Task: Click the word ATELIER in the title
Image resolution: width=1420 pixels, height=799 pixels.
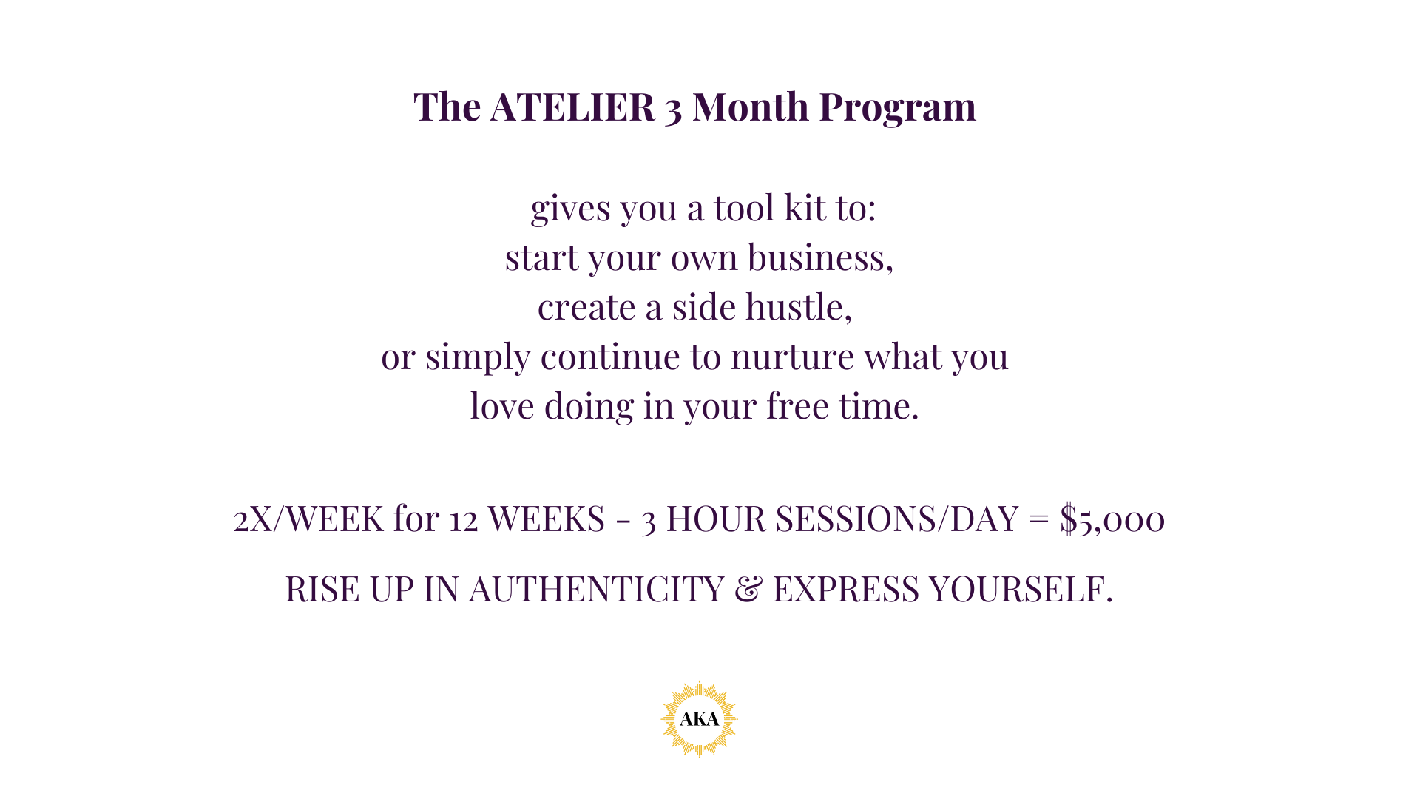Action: pyautogui.click(x=572, y=107)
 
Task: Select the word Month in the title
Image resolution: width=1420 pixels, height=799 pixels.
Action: pyautogui.click(x=751, y=107)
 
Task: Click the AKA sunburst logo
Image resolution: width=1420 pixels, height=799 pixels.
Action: pyautogui.click(x=699, y=719)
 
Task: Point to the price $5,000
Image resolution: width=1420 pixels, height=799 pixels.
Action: pyautogui.click(x=1112, y=519)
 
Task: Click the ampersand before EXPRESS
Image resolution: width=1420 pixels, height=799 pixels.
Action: pyautogui.click(x=748, y=590)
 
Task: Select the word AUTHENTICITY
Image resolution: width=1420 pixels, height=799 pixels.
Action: pyautogui.click(x=596, y=590)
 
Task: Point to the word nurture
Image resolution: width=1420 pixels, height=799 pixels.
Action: pyautogui.click(x=793, y=357)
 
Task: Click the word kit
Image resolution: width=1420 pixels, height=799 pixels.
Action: pyautogui.click(x=804, y=207)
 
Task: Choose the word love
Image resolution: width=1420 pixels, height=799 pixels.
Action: pyautogui.click(x=502, y=406)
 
